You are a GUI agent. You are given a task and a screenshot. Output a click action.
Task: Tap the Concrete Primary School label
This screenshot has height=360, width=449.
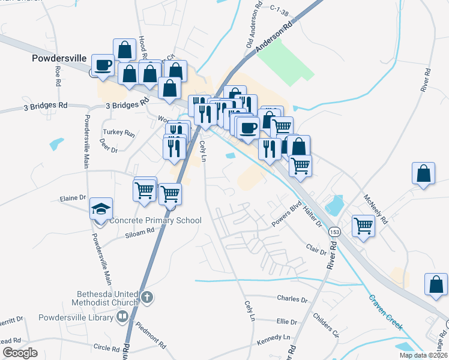155,221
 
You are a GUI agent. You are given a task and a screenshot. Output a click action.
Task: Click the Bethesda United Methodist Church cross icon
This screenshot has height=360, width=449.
148,297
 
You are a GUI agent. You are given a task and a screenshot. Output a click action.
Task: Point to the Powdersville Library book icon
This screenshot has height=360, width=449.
122,316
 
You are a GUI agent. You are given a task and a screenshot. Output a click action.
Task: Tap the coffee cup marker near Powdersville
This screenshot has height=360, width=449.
103,65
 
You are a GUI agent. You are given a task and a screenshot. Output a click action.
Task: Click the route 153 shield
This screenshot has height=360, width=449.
334,232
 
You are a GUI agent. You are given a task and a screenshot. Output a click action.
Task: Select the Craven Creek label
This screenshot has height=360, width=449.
384,310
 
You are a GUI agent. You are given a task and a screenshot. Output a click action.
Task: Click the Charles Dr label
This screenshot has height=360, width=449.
292,299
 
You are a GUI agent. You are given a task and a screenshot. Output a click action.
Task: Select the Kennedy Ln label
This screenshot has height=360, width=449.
273,338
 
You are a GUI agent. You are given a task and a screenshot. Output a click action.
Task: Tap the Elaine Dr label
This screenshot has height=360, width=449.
73,197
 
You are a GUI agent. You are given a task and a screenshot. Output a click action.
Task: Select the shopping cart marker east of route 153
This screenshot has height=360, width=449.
363,226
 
